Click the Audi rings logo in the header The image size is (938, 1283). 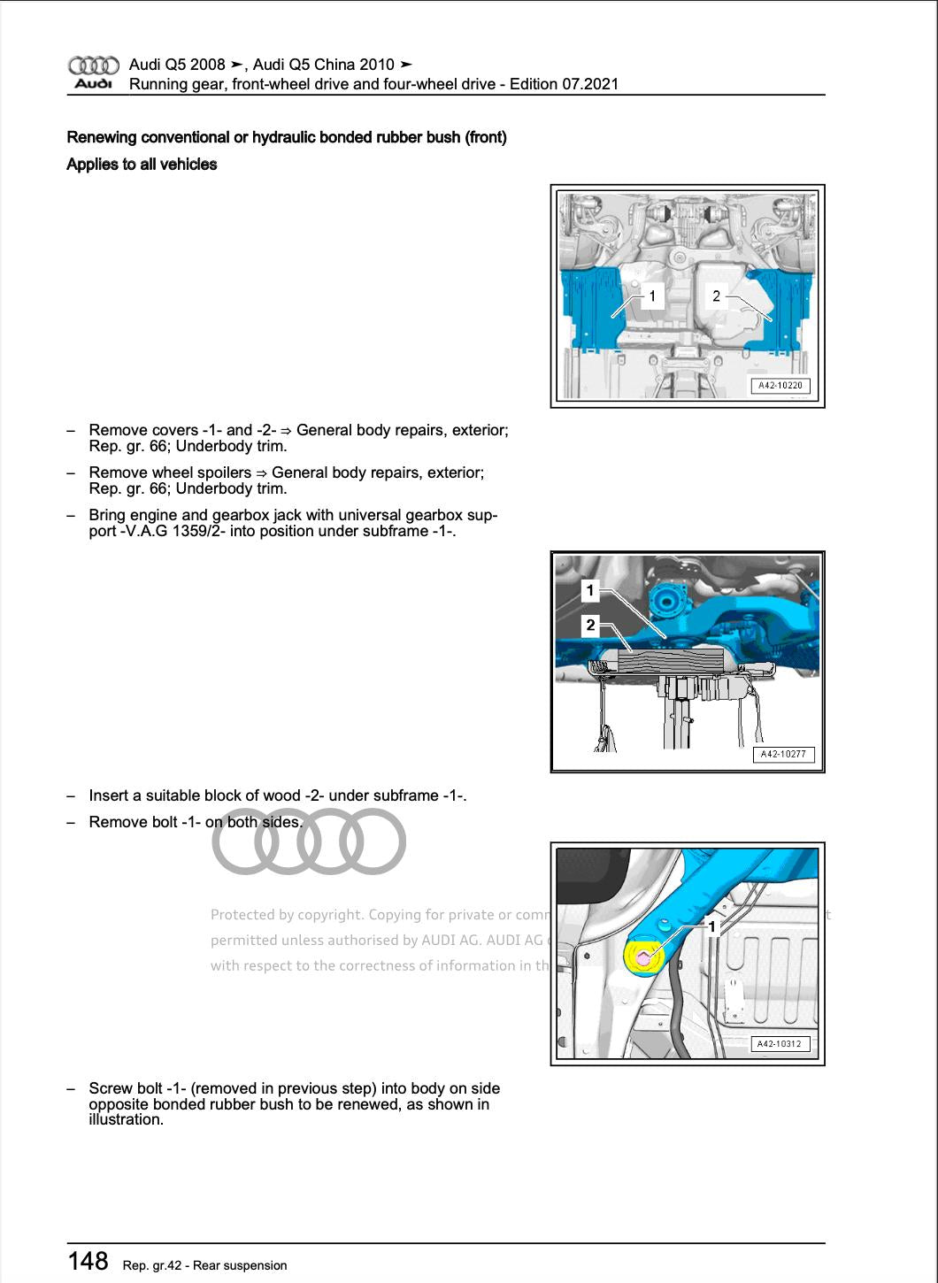click(x=93, y=65)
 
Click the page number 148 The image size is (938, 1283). click(x=88, y=1261)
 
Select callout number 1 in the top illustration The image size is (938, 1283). click(x=652, y=296)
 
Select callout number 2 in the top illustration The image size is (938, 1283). click(x=717, y=296)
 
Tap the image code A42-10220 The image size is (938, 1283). click(x=781, y=385)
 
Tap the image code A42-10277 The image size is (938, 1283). click(x=783, y=755)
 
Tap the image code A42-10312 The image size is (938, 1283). click(x=780, y=1044)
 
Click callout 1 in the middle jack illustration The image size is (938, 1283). click(x=590, y=590)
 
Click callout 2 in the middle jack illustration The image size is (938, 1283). click(x=590, y=626)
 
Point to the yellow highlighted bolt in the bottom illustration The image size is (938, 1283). click(x=643, y=957)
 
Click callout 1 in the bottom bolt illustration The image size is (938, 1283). click(x=711, y=926)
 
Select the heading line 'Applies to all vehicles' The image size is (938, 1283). click(x=142, y=165)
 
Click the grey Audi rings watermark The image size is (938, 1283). click(x=309, y=841)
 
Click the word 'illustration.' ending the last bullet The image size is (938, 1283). click(x=126, y=1119)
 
